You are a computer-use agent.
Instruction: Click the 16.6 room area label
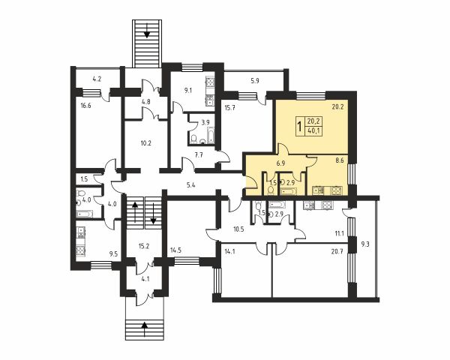(85, 106)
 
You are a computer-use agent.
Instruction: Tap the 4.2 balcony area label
(97, 79)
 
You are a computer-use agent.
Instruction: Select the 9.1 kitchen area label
(188, 91)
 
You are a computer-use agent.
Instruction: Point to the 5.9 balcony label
(255, 81)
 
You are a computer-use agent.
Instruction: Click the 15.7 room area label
(229, 108)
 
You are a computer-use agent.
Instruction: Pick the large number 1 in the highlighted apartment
(300, 126)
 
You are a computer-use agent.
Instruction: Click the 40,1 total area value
(313, 131)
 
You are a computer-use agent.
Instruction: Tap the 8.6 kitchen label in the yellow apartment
(340, 160)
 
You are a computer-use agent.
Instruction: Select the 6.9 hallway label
(280, 163)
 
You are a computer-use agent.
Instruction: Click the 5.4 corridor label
(190, 185)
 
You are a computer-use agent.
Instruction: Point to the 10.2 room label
(145, 143)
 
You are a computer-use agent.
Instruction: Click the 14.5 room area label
(175, 250)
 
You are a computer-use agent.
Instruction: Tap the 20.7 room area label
(337, 252)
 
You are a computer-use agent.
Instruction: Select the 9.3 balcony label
(365, 244)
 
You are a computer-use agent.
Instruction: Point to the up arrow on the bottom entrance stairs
(145, 328)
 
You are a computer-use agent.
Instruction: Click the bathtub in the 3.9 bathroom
(211, 136)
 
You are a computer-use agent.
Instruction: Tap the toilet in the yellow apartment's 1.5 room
(270, 190)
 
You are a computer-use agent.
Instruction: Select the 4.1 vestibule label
(145, 278)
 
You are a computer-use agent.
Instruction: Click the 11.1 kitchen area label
(339, 233)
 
